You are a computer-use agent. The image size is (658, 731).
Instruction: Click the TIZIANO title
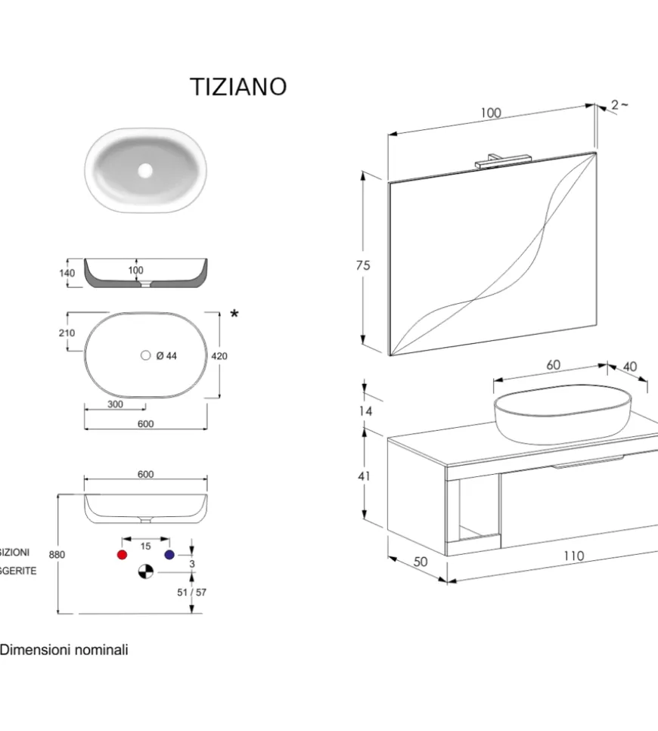[238, 87]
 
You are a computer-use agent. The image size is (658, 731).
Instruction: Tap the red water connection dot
[122, 555]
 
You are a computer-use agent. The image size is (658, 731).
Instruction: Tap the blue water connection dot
[169, 555]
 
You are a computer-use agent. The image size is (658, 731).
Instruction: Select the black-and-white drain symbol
[145, 572]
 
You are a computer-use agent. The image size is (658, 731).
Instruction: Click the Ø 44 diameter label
[166, 356]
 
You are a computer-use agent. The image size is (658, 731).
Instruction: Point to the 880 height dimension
[57, 554]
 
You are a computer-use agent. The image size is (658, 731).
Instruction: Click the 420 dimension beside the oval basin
[220, 356]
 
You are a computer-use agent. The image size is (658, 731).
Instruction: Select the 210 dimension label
[67, 333]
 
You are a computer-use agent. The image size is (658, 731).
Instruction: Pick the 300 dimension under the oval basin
[115, 404]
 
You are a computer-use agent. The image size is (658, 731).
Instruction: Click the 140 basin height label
[67, 274]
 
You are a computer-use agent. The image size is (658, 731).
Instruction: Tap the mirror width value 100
[490, 113]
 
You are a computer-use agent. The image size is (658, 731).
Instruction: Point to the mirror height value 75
[363, 265]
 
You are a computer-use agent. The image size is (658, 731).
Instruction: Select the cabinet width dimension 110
[573, 556]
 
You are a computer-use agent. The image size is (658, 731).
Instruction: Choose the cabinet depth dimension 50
[421, 562]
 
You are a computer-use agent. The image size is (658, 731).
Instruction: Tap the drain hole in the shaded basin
[144, 171]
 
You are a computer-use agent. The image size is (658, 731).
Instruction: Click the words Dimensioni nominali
[64, 649]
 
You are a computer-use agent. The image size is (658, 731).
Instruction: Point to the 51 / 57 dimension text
[191, 593]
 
